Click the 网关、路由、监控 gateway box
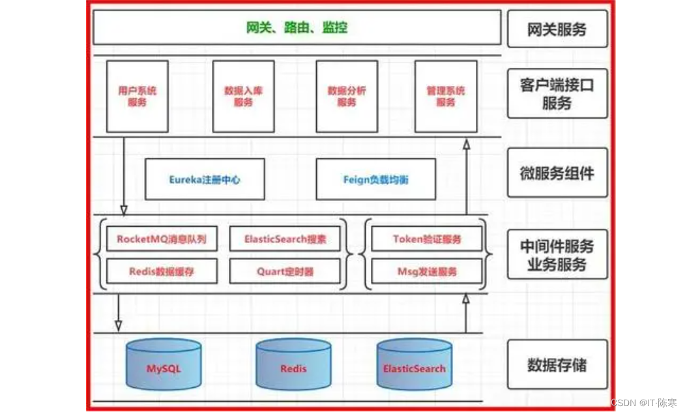(x=297, y=27)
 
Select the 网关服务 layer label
(x=557, y=29)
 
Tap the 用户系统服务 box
(x=137, y=96)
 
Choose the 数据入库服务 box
(x=243, y=96)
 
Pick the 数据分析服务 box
(x=346, y=96)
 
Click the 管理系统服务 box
(x=445, y=96)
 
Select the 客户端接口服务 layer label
(x=557, y=94)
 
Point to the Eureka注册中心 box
(x=205, y=179)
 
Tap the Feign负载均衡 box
(x=375, y=179)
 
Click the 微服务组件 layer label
(x=557, y=173)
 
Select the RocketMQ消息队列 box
(x=162, y=239)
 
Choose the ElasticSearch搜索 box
(x=285, y=239)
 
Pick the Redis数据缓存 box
(x=162, y=271)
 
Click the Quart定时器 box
(x=285, y=271)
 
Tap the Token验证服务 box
(x=427, y=239)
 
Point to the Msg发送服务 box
(x=427, y=271)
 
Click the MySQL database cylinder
(x=164, y=367)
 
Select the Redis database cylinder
(x=293, y=367)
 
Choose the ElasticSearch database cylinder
(x=414, y=367)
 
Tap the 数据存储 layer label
(x=557, y=365)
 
